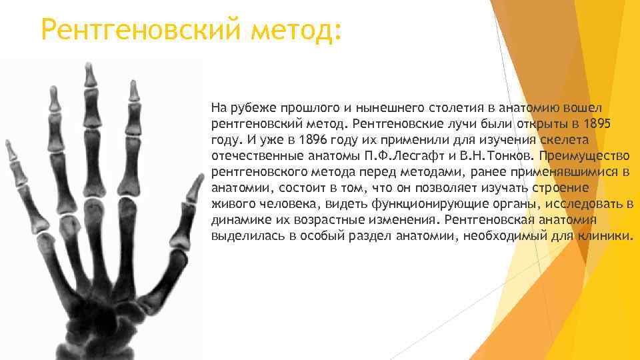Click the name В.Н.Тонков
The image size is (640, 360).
pyautogui.click(x=497, y=156)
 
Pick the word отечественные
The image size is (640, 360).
pyautogui.click(x=254, y=156)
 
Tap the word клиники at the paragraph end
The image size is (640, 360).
pyautogui.click(x=606, y=236)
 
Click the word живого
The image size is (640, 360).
pyautogui.click(x=229, y=204)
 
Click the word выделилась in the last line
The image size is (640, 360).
pyautogui.click(x=240, y=236)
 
